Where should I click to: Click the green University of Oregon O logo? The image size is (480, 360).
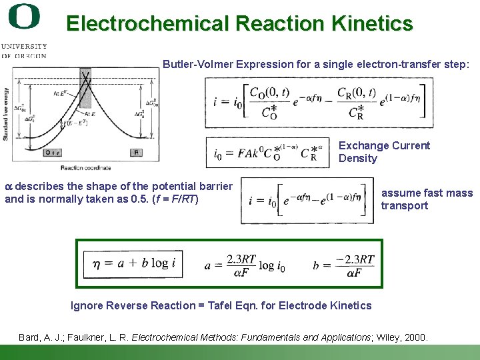coord(24,17)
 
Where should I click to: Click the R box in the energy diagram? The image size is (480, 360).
coord(136,153)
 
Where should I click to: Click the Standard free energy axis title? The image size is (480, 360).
coord(6,114)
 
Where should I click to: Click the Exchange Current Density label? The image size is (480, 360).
coord(384,152)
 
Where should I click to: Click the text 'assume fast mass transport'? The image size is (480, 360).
coord(427,199)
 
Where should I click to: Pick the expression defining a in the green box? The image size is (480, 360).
coord(245,265)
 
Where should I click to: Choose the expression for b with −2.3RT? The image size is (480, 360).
coord(344,265)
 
